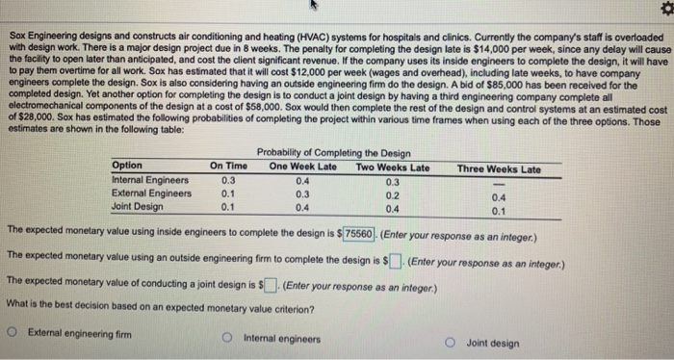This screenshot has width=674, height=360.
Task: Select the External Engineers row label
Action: tap(151, 193)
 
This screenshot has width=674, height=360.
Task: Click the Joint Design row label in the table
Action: tap(138, 205)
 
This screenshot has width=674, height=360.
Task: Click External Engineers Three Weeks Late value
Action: tap(498, 198)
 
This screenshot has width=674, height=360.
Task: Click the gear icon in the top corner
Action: tap(661, 10)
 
